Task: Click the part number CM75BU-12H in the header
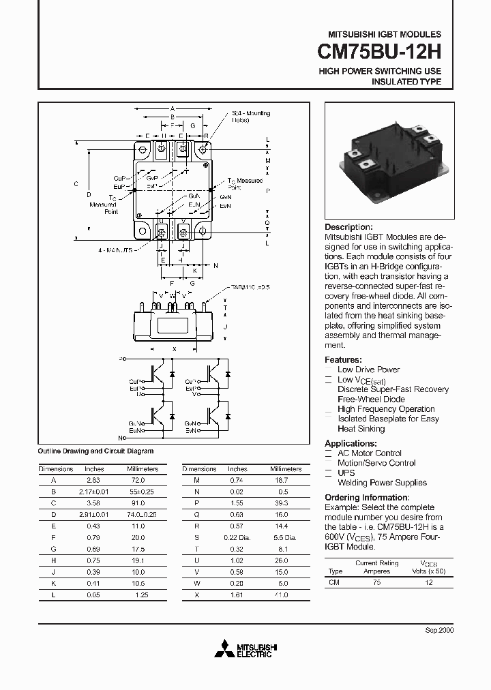coord(380,52)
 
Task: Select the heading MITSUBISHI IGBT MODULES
coord(385,34)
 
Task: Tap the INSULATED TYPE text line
coord(406,82)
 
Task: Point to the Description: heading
coord(348,227)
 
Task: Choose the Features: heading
coord(343,359)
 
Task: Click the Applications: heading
coord(351,443)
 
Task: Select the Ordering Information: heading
coord(366,498)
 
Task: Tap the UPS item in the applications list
coord(346,472)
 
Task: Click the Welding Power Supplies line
coord(382,483)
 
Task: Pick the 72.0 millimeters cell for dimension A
coord(138,480)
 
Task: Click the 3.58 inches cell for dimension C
coord(94,502)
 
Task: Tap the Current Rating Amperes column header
coord(376,567)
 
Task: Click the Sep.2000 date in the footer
coord(439,630)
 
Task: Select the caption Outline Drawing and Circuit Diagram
coord(95,451)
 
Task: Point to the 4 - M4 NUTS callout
coord(115,251)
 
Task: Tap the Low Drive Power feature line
coord(368,370)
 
